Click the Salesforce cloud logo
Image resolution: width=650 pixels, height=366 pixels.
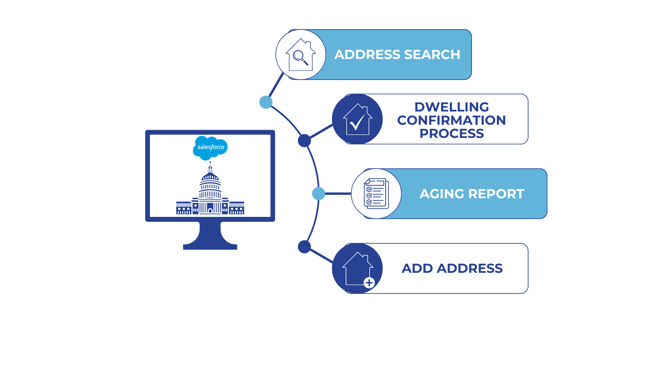point(210,147)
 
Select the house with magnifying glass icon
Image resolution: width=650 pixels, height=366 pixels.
point(301,55)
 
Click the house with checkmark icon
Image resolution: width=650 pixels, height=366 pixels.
point(357,119)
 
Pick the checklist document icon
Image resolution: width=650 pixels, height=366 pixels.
point(376,194)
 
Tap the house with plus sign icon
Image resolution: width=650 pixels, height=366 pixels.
point(357,269)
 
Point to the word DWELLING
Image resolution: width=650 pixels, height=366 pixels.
point(452,107)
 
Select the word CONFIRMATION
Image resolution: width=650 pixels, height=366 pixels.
point(452,120)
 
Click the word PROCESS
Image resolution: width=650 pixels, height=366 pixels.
point(452,134)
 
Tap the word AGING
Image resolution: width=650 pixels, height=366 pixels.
point(442,194)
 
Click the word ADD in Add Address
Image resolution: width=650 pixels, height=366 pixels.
point(417,268)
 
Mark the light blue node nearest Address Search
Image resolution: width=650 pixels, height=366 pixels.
point(266,102)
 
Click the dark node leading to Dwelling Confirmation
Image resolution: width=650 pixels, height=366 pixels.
point(304,141)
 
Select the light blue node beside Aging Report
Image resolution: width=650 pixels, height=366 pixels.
point(318,194)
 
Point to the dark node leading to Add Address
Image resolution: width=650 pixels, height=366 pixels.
point(304,247)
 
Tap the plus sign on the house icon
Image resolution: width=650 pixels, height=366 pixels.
point(369,282)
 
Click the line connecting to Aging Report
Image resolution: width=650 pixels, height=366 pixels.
point(338,194)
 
